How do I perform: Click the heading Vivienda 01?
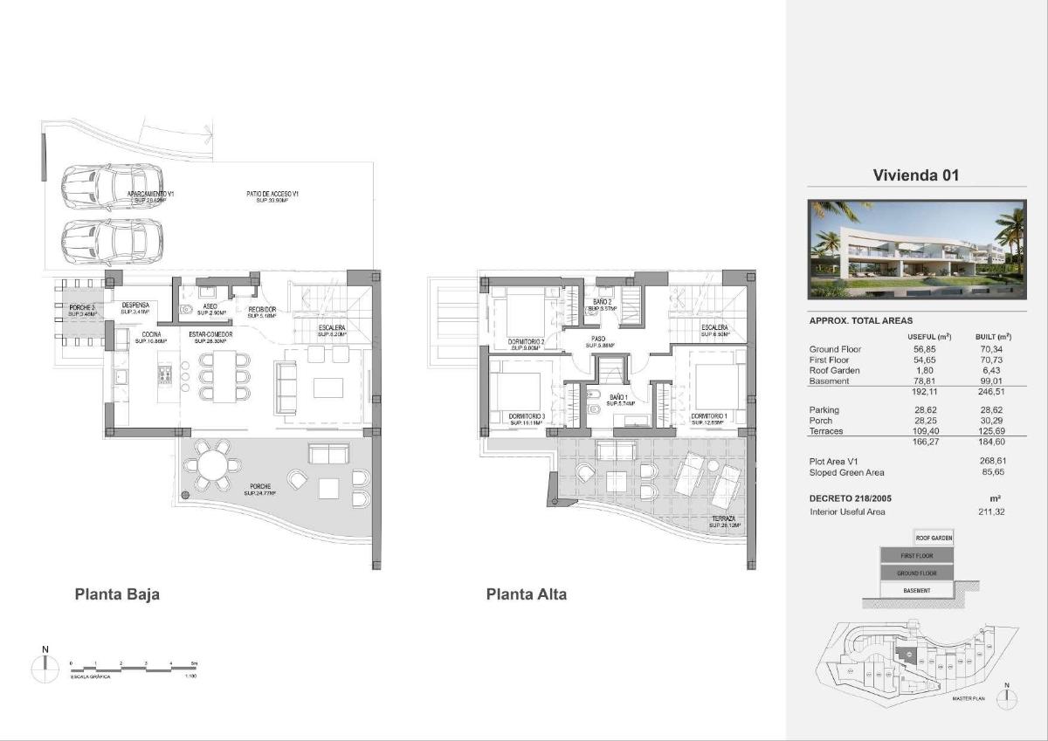click(x=916, y=175)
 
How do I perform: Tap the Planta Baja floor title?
click(x=117, y=594)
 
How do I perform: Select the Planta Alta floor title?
click(x=526, y=594)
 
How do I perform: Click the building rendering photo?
click(x=916, y=250)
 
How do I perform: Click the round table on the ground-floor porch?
click(x=210, y=465)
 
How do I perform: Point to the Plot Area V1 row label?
click(x=836, y=461)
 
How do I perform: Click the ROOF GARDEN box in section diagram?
click(x=933, y=538)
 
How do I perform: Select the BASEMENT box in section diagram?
click(x=916, y=591)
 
